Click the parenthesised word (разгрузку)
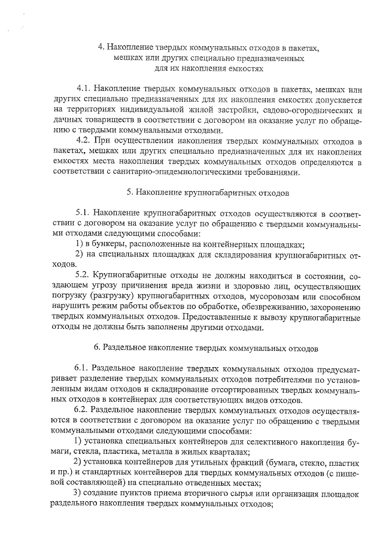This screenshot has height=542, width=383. coord(115,296)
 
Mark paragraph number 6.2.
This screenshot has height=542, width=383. coord(83,409)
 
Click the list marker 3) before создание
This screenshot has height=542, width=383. coord(78,492)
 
